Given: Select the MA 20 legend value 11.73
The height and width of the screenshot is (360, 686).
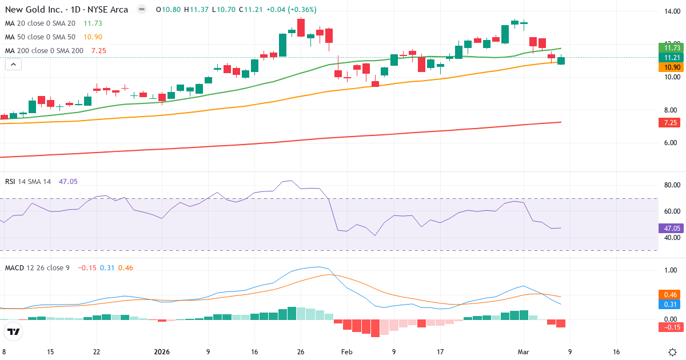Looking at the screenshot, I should coord(93,23).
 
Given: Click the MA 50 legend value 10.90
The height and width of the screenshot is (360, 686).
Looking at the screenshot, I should coord(93,37).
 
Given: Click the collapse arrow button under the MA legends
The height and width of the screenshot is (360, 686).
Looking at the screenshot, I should coord(13,65).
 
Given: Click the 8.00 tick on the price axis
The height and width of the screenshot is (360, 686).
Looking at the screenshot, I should coord(668,110).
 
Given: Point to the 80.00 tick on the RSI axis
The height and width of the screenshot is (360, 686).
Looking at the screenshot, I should coord(669,185).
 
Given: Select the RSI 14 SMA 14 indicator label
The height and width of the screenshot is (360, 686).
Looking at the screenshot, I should coord(28,181).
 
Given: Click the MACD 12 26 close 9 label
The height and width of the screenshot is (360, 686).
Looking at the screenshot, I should coord(37,267).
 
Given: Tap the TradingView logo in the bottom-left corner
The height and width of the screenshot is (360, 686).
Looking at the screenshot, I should coord(14,331).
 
